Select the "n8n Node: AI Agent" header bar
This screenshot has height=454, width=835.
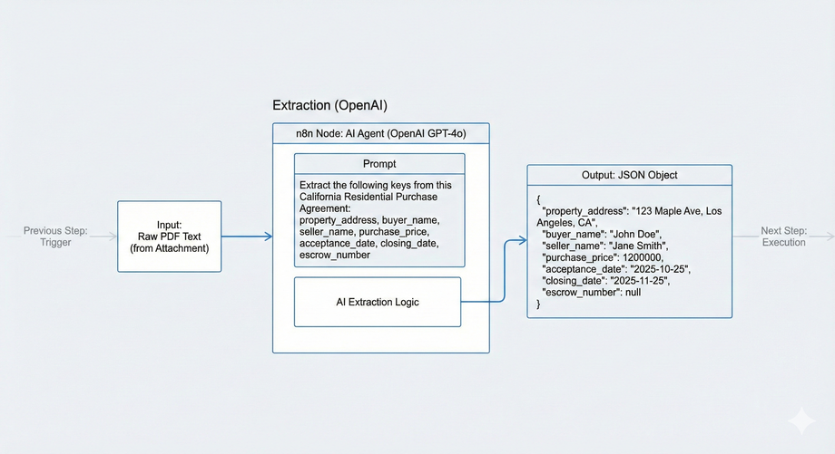[380, 134]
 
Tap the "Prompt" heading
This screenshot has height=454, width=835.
[379, 164]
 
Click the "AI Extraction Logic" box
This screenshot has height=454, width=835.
[378, 302]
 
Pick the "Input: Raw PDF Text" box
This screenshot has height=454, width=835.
[169, 236]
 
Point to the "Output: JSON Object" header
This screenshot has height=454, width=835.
[629, 175]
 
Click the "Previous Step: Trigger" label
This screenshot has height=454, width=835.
[55, 236]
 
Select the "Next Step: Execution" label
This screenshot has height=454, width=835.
[783, 236]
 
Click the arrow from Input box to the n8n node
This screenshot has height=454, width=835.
[246, 237]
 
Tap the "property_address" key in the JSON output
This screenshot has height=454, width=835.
[582, 211]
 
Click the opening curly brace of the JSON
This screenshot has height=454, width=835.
[538, 198]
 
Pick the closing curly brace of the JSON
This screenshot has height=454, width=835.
[538, 304]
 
